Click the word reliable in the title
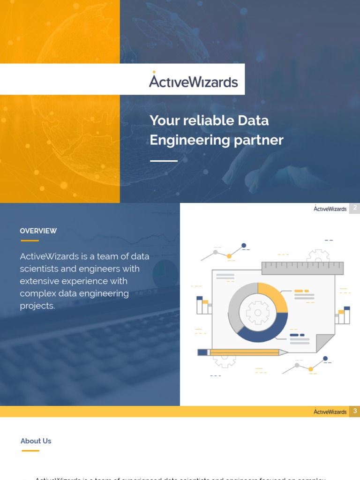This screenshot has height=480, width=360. tap(209, 120)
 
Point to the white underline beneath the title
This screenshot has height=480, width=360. tap(164, 161)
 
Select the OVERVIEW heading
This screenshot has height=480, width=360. tap(38, 231)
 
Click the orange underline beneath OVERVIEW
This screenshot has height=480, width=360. tap(30, 240)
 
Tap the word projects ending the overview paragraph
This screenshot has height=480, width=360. tap(37, 306)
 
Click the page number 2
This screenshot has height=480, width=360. tap(355, 208)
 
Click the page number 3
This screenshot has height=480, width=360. tap(355, 411)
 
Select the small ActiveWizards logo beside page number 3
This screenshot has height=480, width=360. tap(330, 412)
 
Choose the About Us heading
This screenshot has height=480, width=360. tap(36, 441)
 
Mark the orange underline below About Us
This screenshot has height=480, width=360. tap(30, 450)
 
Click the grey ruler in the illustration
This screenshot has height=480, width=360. tap(302, 268)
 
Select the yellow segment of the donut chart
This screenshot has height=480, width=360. tap(274, 293)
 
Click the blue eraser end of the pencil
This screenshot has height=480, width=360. tap(202, 352)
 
